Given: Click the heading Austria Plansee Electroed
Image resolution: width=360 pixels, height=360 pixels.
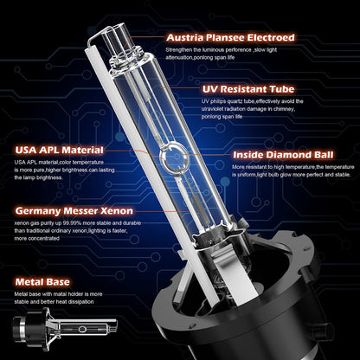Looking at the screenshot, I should pos(228,38).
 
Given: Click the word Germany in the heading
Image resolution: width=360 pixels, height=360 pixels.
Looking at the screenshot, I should pos(37,209).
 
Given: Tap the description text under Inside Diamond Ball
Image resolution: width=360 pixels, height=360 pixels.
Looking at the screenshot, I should pos(293,175).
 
